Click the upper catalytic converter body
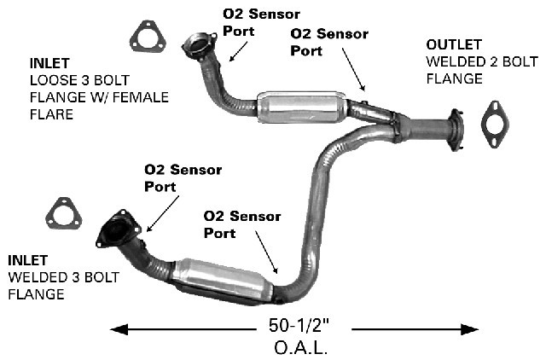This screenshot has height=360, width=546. coord(302,107)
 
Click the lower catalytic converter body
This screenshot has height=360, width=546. coord(223,281)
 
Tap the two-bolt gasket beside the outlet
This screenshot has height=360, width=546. coord(495,125)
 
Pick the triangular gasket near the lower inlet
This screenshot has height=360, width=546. coord(64,214)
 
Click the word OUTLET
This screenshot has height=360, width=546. coord(454,45)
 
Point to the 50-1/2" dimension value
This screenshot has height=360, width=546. coord(299,326)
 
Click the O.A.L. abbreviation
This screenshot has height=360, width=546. coord(301,347)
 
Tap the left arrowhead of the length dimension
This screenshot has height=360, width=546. coord(119,329)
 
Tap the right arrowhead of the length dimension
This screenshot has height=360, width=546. coord(469,329)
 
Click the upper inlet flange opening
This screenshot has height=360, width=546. coord(197,45)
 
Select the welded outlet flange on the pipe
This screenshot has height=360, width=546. coord(456,130)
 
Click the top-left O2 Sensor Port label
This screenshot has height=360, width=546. coord(261,22)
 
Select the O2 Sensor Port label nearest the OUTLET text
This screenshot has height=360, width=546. coord(329,42)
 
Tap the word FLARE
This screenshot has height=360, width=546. coord(51,114)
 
